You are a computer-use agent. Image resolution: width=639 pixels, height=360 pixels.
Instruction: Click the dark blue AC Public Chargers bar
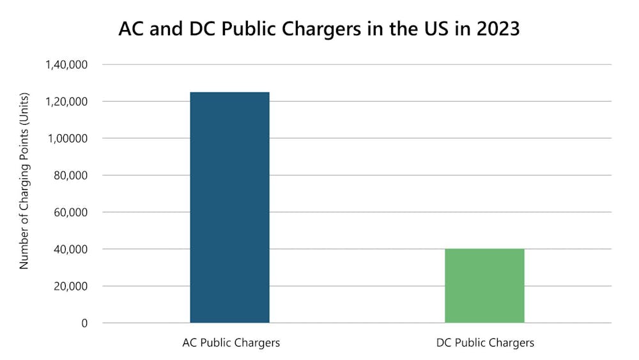coord(229,207)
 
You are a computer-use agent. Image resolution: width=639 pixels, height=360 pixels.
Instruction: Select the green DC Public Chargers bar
coord(484,286)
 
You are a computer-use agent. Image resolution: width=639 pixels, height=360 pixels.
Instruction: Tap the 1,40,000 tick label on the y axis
coord(66,65)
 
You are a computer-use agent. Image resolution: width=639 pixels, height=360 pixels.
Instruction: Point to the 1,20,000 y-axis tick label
coord(66,102)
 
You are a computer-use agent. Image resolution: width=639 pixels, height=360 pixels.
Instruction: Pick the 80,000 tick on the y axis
coord(71,175)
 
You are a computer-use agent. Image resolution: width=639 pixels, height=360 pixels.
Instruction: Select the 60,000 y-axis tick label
coord(71,212)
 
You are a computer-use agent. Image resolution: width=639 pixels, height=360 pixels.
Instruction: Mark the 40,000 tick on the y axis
coord(71,249)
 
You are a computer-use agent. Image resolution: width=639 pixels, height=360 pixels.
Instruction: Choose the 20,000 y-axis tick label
coord(71,286)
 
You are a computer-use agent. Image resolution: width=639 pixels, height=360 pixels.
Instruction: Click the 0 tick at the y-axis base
coord(84,323)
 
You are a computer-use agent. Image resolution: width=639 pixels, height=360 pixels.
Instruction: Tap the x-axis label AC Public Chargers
coord(231,343)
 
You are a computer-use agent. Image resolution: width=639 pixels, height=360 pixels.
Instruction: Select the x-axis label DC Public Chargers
coord(485,343)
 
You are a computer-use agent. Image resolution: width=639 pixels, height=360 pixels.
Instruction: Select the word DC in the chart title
coord(205,29)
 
